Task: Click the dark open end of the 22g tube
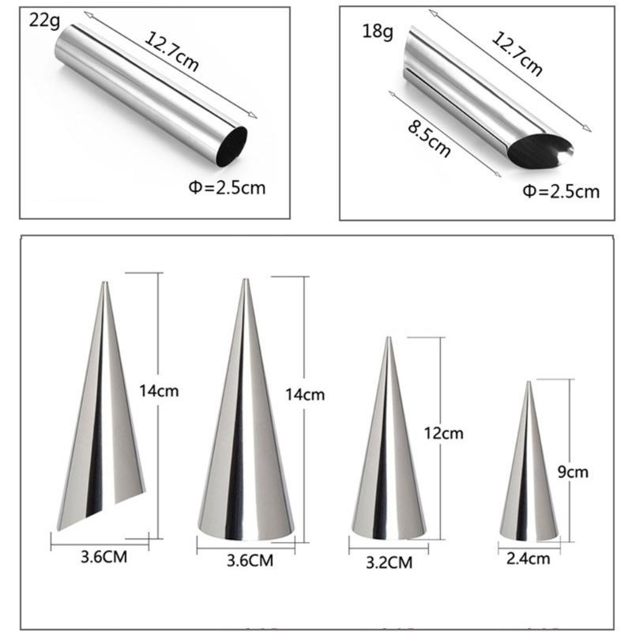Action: [232, 147]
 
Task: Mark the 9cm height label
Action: [573, 472]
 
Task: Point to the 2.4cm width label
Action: [529, 559]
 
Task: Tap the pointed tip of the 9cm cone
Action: [529, 384]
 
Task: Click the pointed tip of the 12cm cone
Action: [388, 340]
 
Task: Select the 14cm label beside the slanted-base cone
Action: [156, 389]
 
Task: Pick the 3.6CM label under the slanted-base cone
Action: [101, 558]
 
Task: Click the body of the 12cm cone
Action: [387, 466]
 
